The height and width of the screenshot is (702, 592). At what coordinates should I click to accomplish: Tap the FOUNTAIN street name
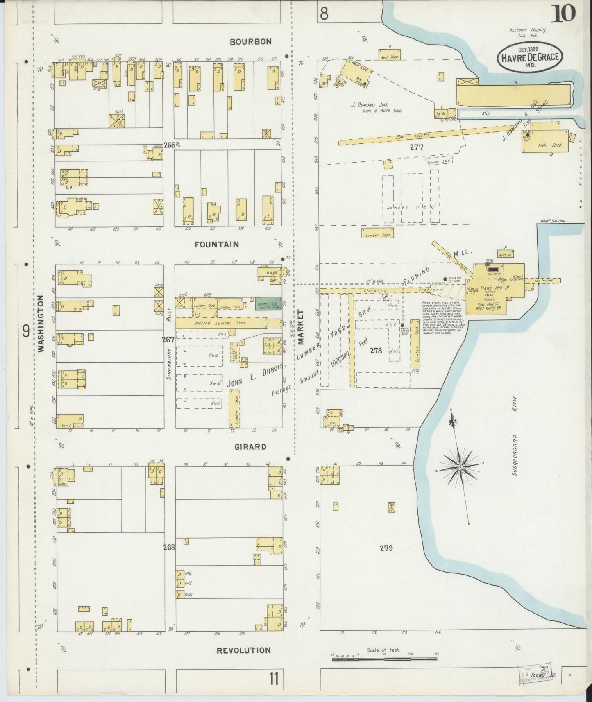click(216, 245)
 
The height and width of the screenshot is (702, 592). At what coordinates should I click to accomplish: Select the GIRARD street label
click(250, 447)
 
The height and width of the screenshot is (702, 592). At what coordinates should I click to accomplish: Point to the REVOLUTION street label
click(243, 650)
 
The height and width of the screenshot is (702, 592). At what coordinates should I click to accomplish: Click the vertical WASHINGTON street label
click(41, 324)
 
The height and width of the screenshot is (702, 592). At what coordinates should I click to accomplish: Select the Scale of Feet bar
click(384, 659)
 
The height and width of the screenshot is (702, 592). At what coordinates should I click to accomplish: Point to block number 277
click(418, 147)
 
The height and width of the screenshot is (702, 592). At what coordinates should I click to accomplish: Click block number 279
click(386, 548)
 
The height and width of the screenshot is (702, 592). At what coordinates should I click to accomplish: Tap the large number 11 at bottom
click(274, 679)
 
